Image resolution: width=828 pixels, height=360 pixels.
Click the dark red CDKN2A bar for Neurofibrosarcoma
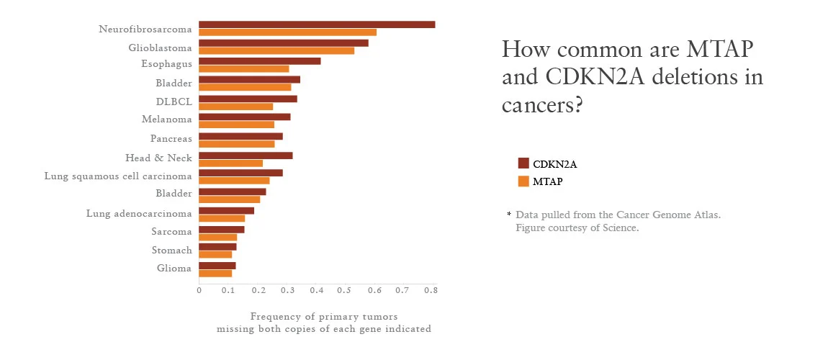click(x=317, y=24)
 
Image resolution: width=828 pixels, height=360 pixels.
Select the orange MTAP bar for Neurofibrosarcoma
click(x=287, y=32)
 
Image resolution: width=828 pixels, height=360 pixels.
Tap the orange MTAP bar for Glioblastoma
click(x=276, y=50)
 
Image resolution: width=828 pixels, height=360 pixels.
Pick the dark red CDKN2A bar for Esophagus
click(x=260, y=61)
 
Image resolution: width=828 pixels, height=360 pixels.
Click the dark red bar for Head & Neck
click(x=246, y=155)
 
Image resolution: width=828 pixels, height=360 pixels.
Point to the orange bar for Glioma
click(x=215, y=273)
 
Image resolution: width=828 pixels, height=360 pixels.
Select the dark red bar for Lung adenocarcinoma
click(x=226, y=210)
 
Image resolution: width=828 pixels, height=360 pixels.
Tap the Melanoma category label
click(x=166, y=120)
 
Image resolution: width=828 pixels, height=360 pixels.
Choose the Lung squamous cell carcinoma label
click(x=118, y=176)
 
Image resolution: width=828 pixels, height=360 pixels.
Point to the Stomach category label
click(x=171, y=251)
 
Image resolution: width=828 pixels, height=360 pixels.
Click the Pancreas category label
click(x=171, y=138)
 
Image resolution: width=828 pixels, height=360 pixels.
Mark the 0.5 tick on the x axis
click(x=344, y=290)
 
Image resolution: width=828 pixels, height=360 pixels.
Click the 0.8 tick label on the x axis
click(x=431, y=290)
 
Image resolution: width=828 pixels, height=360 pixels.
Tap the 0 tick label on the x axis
click(x=199, y=290)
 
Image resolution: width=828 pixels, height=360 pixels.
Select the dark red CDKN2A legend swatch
click(x=523, y=163)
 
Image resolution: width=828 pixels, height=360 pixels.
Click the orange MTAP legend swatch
click(x=523, y=181)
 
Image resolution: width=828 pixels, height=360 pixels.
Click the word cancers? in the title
click(x=541, y=104)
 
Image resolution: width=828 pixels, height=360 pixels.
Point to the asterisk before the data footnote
click(x=509, y=215)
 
